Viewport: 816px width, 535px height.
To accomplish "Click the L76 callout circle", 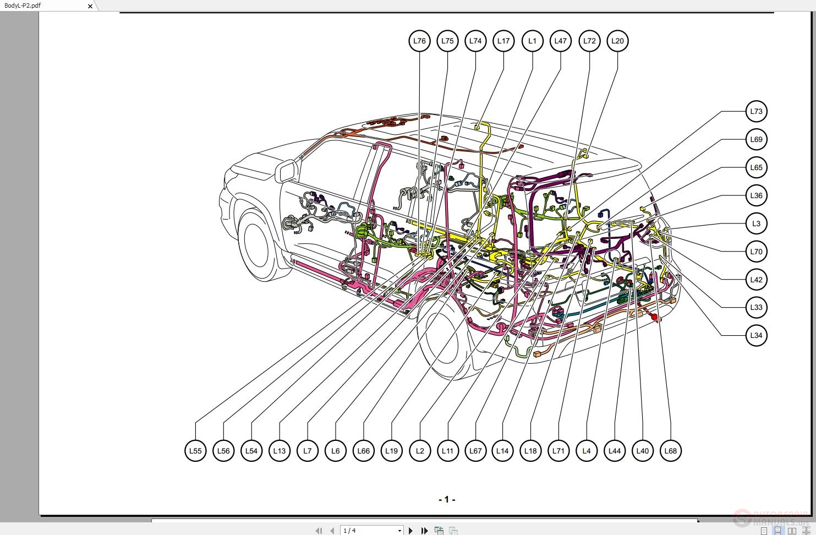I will tap(419, 41).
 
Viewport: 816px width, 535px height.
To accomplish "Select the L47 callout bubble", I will tap(560, 41).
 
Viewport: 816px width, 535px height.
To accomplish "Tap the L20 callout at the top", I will tap(617, 41).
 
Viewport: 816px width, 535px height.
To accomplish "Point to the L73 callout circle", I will tap(756, 111).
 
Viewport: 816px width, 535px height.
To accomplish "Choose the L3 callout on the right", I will tap(756, 223).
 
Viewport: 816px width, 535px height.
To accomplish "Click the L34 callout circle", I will tap(756, 335).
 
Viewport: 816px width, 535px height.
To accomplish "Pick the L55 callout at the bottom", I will tap(195, 451).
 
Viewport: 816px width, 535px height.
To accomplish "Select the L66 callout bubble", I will tap(363, 451).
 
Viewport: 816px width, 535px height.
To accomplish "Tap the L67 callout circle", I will tap(475, 451).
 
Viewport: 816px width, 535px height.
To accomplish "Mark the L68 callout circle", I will tap(670, 451).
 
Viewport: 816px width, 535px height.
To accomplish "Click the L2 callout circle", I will tap(420, 451).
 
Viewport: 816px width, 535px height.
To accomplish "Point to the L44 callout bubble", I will tap(614, 451).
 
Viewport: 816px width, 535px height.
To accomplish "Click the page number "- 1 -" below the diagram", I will tap(446, 500).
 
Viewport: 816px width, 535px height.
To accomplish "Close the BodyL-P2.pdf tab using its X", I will tap(90, 6).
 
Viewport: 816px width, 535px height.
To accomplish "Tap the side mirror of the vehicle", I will tap(286, 171).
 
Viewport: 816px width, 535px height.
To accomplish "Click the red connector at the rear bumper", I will tap(655, 317).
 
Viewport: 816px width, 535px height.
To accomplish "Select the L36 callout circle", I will tap(756, 195).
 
